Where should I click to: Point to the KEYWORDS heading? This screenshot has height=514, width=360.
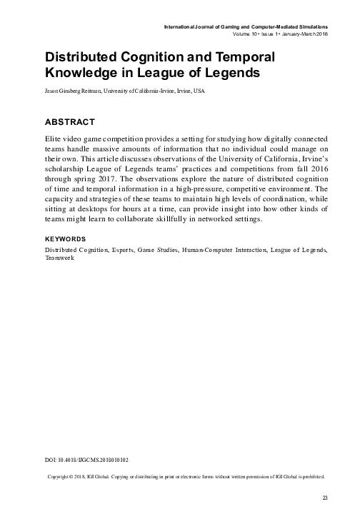[65, 238]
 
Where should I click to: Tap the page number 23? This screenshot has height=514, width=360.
[324, 497]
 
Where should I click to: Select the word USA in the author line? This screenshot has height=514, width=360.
[199, 91]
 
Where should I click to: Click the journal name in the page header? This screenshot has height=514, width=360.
[246, 26]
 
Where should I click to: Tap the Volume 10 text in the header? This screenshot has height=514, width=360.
[247, 34]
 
